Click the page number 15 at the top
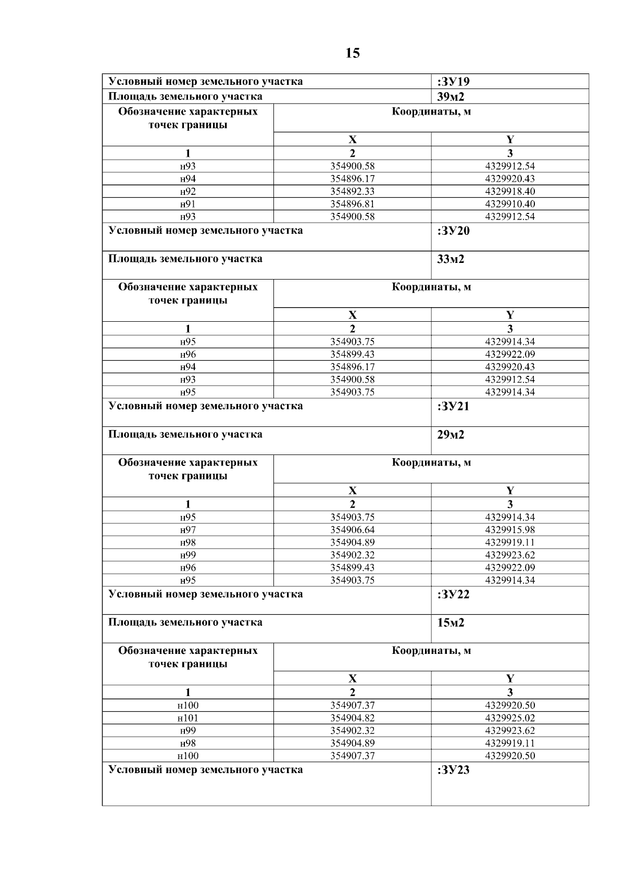point(353,53)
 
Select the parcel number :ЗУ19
point(454,82)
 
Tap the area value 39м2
point(451,96)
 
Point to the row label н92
point(188,192)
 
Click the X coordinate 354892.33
point(353,192)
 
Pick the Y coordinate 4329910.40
point(510,204)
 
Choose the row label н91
point(188,204)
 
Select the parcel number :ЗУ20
point(454,231)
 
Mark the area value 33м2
point(451,259)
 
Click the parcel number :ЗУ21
point(454,407)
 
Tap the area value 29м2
point(451,435)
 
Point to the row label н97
point(188,530)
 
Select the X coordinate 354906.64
point(353,530)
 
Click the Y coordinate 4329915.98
point(510,530)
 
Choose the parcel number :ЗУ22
point(454,595)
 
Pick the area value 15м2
point(451,623)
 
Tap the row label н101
point(188,718)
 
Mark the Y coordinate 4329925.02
point(510,718)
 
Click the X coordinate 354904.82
point(353,718)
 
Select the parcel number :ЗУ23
point(454,770)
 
